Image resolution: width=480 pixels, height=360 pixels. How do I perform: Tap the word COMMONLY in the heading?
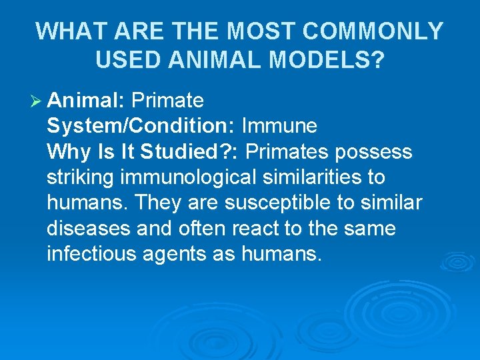point(377,31)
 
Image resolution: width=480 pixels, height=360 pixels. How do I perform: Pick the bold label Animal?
point(87,101)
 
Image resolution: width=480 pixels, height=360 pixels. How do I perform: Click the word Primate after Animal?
point(167,101)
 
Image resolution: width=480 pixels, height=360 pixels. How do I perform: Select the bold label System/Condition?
point(141,126)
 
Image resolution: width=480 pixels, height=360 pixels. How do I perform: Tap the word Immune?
point(279,126)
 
